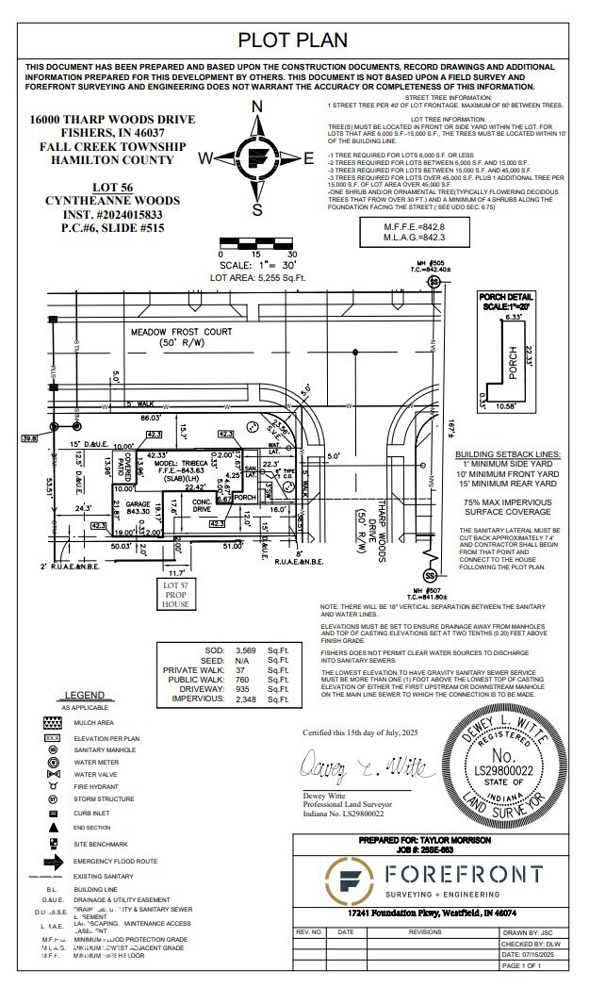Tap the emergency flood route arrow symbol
coord(52,861)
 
